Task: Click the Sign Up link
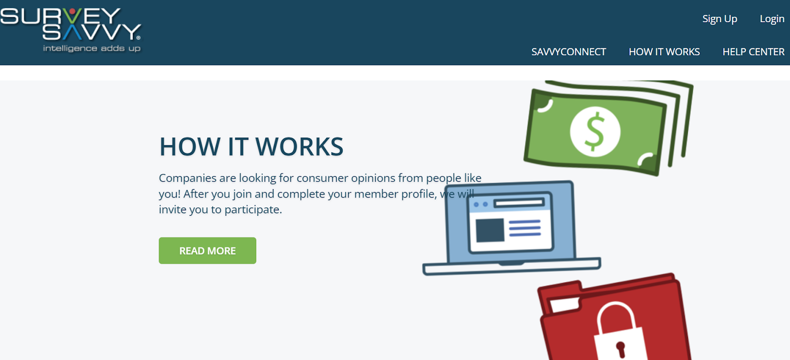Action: pyautogui.click(x=719, y=19)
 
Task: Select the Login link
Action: pyautogui.click(x=772, y=19)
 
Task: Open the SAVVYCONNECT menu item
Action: pyautogui.click(x=568, y=52)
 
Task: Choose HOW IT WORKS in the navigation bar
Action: pyautogui.click(x=664, y=52)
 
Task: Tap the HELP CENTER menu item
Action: pyautogui.click(x=753, y=52)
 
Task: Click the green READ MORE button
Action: pyautogui.click(x=207, y=250)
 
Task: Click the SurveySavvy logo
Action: pyautogui.click(x=71, y=30)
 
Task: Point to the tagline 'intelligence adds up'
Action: pyautogui.click(x=92, y=48)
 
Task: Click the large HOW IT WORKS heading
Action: pyautogui.click(x=251, y=146)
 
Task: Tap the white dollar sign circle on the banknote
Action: pyautogui.click(x=595, y=131)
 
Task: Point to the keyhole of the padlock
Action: pyautogui.click(x=621, y=349)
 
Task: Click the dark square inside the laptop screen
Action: pyautogui.click(x=490, y=230)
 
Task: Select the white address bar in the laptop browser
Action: pyautogui.click(x=519, y=203)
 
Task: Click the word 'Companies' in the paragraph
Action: pyautogui.click(x=187, y=178)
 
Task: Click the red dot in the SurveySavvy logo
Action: pyautogui.click(x=72, y=12)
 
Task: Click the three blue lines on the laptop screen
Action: pyautogui.click(x=525, y=228)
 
